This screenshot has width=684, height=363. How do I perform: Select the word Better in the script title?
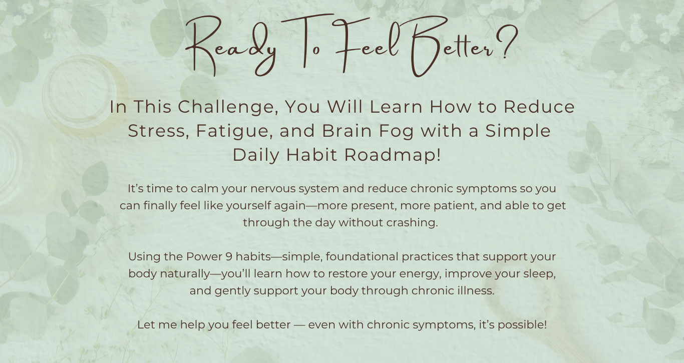pos(452,46)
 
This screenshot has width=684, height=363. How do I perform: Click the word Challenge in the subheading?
pos(228,108)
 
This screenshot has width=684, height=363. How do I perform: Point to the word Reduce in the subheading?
pos(539,107)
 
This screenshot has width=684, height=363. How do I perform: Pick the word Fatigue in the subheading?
pos(234,131)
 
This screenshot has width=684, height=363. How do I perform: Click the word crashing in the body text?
pos(412,223)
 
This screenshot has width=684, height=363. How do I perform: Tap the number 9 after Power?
pos(229,257)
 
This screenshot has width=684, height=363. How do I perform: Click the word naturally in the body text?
pos(185,274)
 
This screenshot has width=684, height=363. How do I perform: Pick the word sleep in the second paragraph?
pos(539,274)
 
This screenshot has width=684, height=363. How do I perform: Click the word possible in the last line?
pos(522,325)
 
